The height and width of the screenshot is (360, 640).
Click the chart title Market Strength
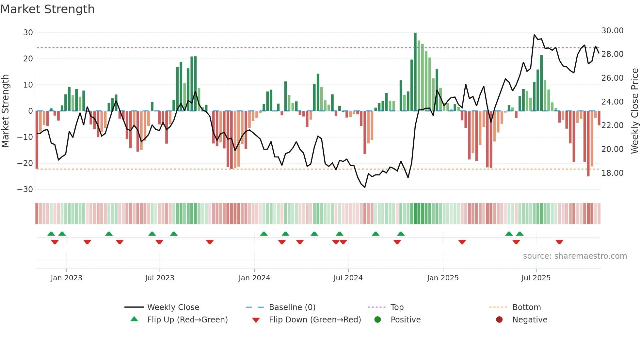[x=47, y=9]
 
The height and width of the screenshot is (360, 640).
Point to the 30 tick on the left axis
[x=28, y=33]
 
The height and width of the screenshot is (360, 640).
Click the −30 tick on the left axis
[x=25, y=189]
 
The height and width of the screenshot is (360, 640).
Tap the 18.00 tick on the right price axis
[x=612, y=173]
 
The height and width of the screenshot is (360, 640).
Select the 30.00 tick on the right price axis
[x=612, y=31]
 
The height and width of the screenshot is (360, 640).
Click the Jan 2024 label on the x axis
[x=254, y=278]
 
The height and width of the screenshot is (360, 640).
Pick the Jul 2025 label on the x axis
[x=536, y=278]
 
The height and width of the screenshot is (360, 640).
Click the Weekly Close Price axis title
[x=634, y=111]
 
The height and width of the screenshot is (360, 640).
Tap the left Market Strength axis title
[x=5, y=111]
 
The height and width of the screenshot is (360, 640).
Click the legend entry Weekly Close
[x=173, y=307]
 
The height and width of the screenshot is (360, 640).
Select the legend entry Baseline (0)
[x=292, y=307]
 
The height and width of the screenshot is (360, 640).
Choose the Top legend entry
[x=397, y=307]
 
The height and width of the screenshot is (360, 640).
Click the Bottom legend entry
[x=526, y=307]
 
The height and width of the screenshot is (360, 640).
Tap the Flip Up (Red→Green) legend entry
[x=187, y=320]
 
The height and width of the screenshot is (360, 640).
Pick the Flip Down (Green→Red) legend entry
[x=315, y=320]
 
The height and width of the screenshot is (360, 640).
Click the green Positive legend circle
[x=377, y=320]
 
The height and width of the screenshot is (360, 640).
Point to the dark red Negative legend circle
[x=499, y=320]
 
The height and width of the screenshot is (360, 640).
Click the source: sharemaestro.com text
[x=575, y=256]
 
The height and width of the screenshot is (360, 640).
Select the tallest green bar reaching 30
[x=415, y=72]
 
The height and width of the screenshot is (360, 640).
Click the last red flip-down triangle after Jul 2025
[x=559, y=242]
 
